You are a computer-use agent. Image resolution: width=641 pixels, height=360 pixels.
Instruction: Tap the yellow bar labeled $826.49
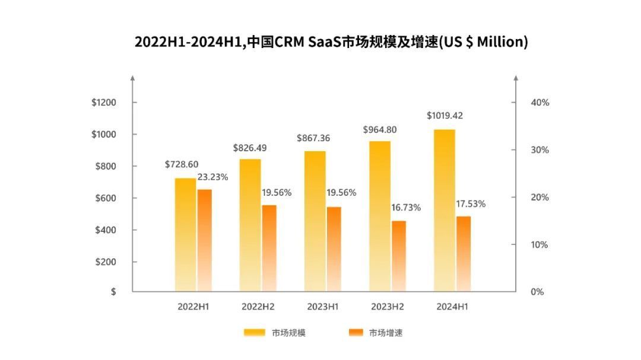coord(250,225)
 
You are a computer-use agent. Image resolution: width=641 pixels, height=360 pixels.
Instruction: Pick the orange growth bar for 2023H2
coord(399,256)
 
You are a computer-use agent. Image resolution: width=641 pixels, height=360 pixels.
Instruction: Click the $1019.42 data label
coord(445,116)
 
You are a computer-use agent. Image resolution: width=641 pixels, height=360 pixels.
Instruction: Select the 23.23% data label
coord(212,177)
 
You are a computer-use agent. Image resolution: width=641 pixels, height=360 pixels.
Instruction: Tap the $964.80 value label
coord(380,129)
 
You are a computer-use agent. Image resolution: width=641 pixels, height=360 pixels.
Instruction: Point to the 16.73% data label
coord(406,208)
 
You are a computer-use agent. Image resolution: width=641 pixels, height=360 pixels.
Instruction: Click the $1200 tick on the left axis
coord(104,103)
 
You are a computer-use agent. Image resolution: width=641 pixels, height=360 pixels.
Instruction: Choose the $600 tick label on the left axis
coord(106,198)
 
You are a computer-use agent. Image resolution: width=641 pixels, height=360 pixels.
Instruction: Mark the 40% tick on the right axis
coord(540,103)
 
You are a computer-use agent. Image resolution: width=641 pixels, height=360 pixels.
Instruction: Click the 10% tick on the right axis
coord(540,245)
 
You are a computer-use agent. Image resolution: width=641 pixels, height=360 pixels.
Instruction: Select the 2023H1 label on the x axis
coord(323,307)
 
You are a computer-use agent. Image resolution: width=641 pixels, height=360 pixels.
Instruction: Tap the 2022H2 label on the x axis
coord(258,307)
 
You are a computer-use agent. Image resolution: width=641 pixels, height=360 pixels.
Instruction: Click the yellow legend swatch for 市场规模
coord(255,333)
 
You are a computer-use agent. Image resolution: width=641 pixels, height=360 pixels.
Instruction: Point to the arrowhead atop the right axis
coord(515,78)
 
